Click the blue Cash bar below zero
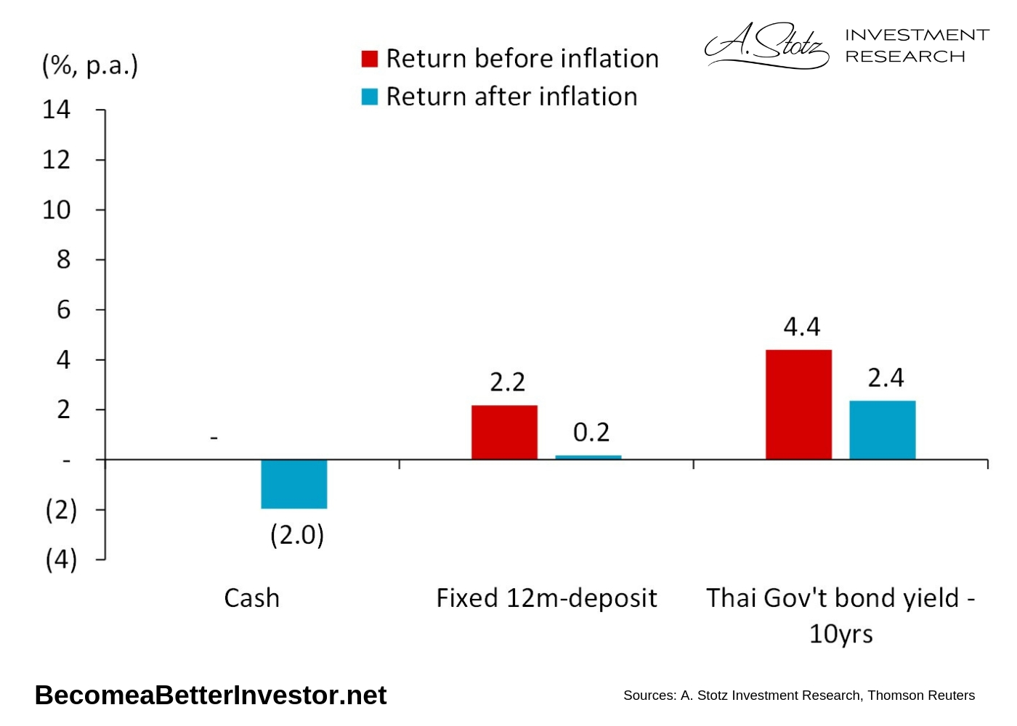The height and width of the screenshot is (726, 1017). click(x=293, y=484)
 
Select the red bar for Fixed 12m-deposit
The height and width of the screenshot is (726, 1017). click(x=504, y=432)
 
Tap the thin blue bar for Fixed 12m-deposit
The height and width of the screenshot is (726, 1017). click(x=588, y=457)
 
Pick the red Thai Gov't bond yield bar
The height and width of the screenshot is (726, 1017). click(x=798, y=404)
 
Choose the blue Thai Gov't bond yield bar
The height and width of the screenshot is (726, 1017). click(x=882, y=430)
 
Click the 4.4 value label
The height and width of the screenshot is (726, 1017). click(x=801, y=327)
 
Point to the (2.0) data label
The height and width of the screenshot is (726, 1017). click(x=297, y=535)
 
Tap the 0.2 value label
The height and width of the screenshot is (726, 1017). click(x=591, y=433)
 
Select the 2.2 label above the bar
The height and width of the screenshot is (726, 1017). click(x=507, y=382)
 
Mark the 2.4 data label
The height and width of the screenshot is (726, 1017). click(x=886, y=378)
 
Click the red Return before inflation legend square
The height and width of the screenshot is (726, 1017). click(x=370, y=59)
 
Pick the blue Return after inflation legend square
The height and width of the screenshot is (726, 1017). click(x=370, y=97)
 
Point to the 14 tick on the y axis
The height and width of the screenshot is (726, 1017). click(x=57, y=110)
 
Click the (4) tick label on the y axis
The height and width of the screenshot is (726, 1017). click(x=61, y=560)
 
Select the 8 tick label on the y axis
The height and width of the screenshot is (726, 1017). click(x=63, y=259)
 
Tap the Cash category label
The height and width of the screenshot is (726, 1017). click(x=251, y=598)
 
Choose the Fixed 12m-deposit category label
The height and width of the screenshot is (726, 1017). click(x=546, y=598)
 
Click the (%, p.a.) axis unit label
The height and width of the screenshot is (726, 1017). click(x=90, y=65)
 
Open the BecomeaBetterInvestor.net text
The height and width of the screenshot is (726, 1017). click(x=211, y=696)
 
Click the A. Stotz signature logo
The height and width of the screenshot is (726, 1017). click(x=766, y=45)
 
